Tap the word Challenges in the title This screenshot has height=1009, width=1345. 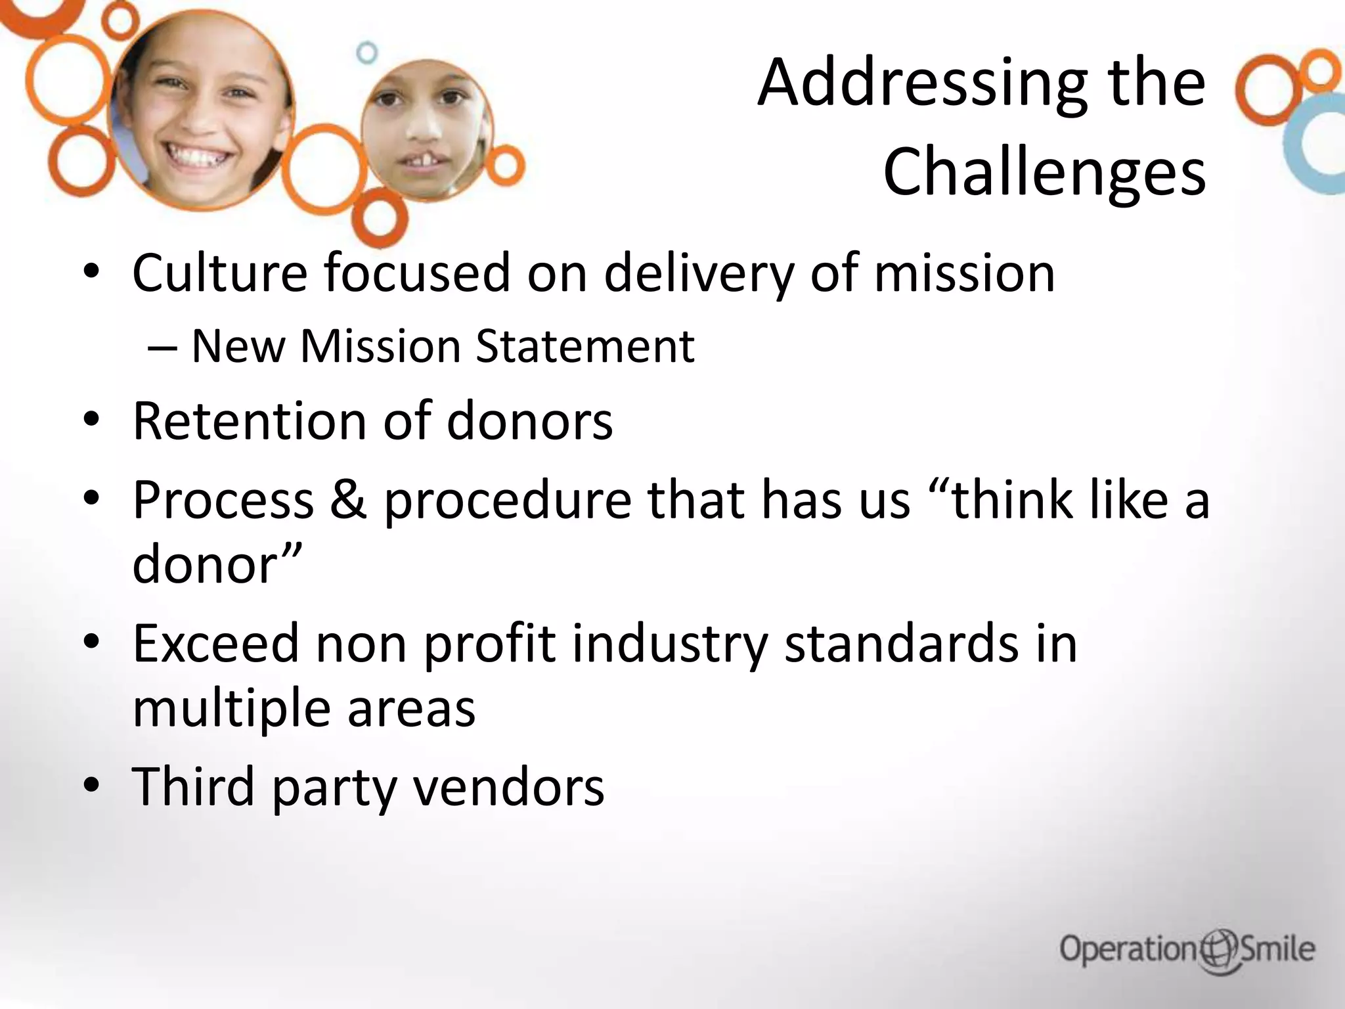coord(1044,172)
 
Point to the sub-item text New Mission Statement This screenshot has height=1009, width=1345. coord(443,346)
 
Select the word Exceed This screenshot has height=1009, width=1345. coord(216,644)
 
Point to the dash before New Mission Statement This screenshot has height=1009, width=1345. coord(162,347)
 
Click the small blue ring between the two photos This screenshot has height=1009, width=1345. coord(367,53)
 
